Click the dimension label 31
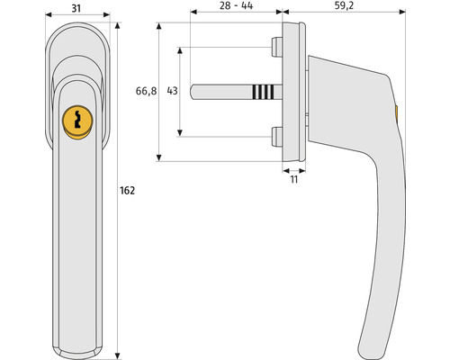coord(76,8)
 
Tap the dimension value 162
coord(127,191)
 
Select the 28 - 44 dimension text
coord(236,5)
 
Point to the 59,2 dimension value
coord(344,5)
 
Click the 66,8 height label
coord(146,91)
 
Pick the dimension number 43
coord(172,91)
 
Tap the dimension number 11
coord(294,179)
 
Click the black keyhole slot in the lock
coord(77,119)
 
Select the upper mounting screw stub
coord(276,47)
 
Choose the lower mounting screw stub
coord(276,137)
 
